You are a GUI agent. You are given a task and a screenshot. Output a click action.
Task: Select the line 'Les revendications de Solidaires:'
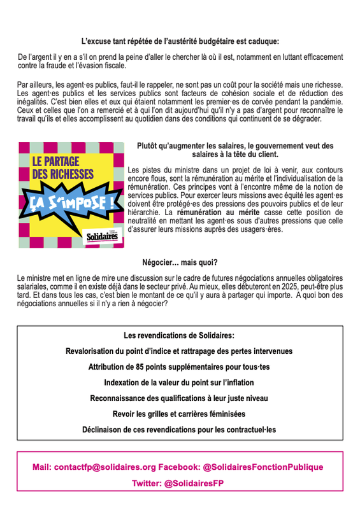pos(179,335)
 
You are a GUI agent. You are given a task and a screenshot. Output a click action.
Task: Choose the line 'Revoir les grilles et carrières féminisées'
pos(179,414)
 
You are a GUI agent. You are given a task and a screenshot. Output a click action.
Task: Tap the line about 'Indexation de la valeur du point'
pos(179,383)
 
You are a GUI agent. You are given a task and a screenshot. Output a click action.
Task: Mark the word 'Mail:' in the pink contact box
pos(42,467)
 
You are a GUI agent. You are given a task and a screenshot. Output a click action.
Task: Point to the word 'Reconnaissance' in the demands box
pos(119,399)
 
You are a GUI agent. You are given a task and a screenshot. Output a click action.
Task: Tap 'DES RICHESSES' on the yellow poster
pos(63,174)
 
